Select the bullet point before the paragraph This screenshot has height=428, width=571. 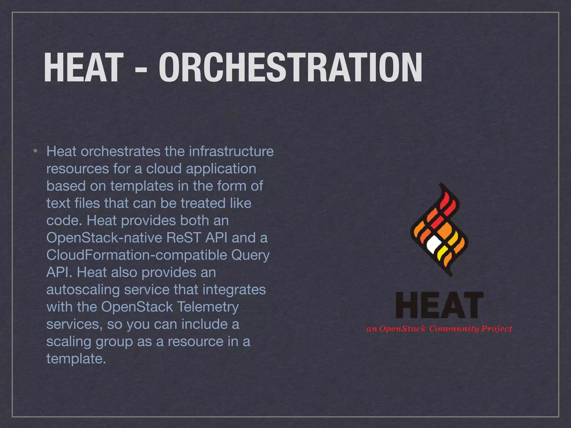(35, 151)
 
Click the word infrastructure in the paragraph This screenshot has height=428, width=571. (231, 151)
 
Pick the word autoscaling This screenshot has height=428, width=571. (83, 290)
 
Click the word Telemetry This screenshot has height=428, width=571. (208, 307)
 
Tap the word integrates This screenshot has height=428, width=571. (234, 290)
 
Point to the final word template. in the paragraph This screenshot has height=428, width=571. (76, 359)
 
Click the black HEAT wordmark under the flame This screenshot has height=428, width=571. (439, 305)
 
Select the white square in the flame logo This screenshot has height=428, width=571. (434, 244)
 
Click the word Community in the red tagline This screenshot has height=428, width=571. (454, 329)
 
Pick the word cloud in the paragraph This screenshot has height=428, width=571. (164, 169)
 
